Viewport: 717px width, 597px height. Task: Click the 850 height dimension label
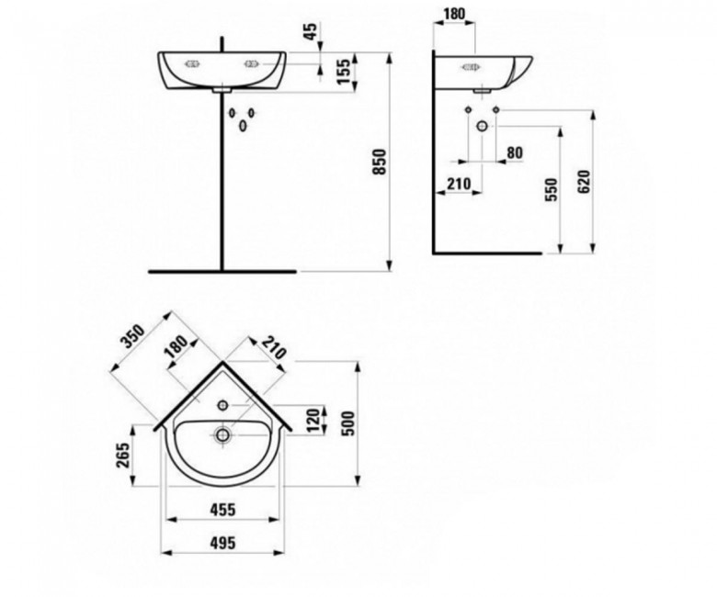point(380,162)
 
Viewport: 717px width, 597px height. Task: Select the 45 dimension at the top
point(311,31)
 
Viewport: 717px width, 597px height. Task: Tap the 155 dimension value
point(346,71)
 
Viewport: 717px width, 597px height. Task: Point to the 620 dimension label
point(584,181)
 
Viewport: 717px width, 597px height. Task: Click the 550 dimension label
point(552,189)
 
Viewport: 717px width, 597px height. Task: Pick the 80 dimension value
point(515,152)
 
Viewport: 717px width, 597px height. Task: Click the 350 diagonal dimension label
point(132,337)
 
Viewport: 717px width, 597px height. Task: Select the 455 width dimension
point(222,510)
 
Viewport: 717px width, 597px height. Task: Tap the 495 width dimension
point(222,543)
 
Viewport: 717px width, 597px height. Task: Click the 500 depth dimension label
point(348,423)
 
